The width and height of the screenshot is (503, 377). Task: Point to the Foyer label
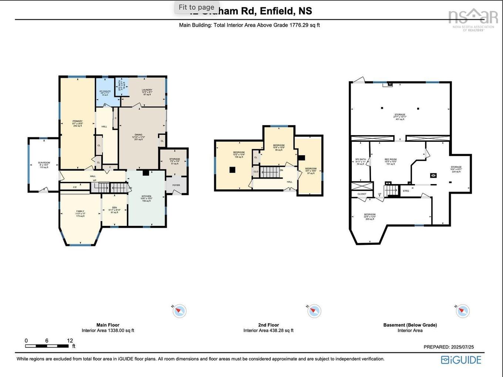pos(176,185)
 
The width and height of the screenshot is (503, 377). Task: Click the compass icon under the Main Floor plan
pos(180,311)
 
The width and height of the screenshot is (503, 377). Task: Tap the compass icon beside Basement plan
pos(462,311)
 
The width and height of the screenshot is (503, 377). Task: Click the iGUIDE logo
pos(461,360)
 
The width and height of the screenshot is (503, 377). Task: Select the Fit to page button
pos(196,7)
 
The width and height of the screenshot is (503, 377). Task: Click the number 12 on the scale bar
pos(70,341)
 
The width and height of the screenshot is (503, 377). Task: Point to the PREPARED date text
pos(449,347)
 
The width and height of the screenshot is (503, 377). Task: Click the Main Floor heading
pos(108,325)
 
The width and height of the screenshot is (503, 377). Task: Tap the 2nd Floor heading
pos(269,325)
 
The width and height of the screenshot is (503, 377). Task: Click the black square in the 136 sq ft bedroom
pos(232,170)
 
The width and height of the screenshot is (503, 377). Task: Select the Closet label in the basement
pos(362,194)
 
